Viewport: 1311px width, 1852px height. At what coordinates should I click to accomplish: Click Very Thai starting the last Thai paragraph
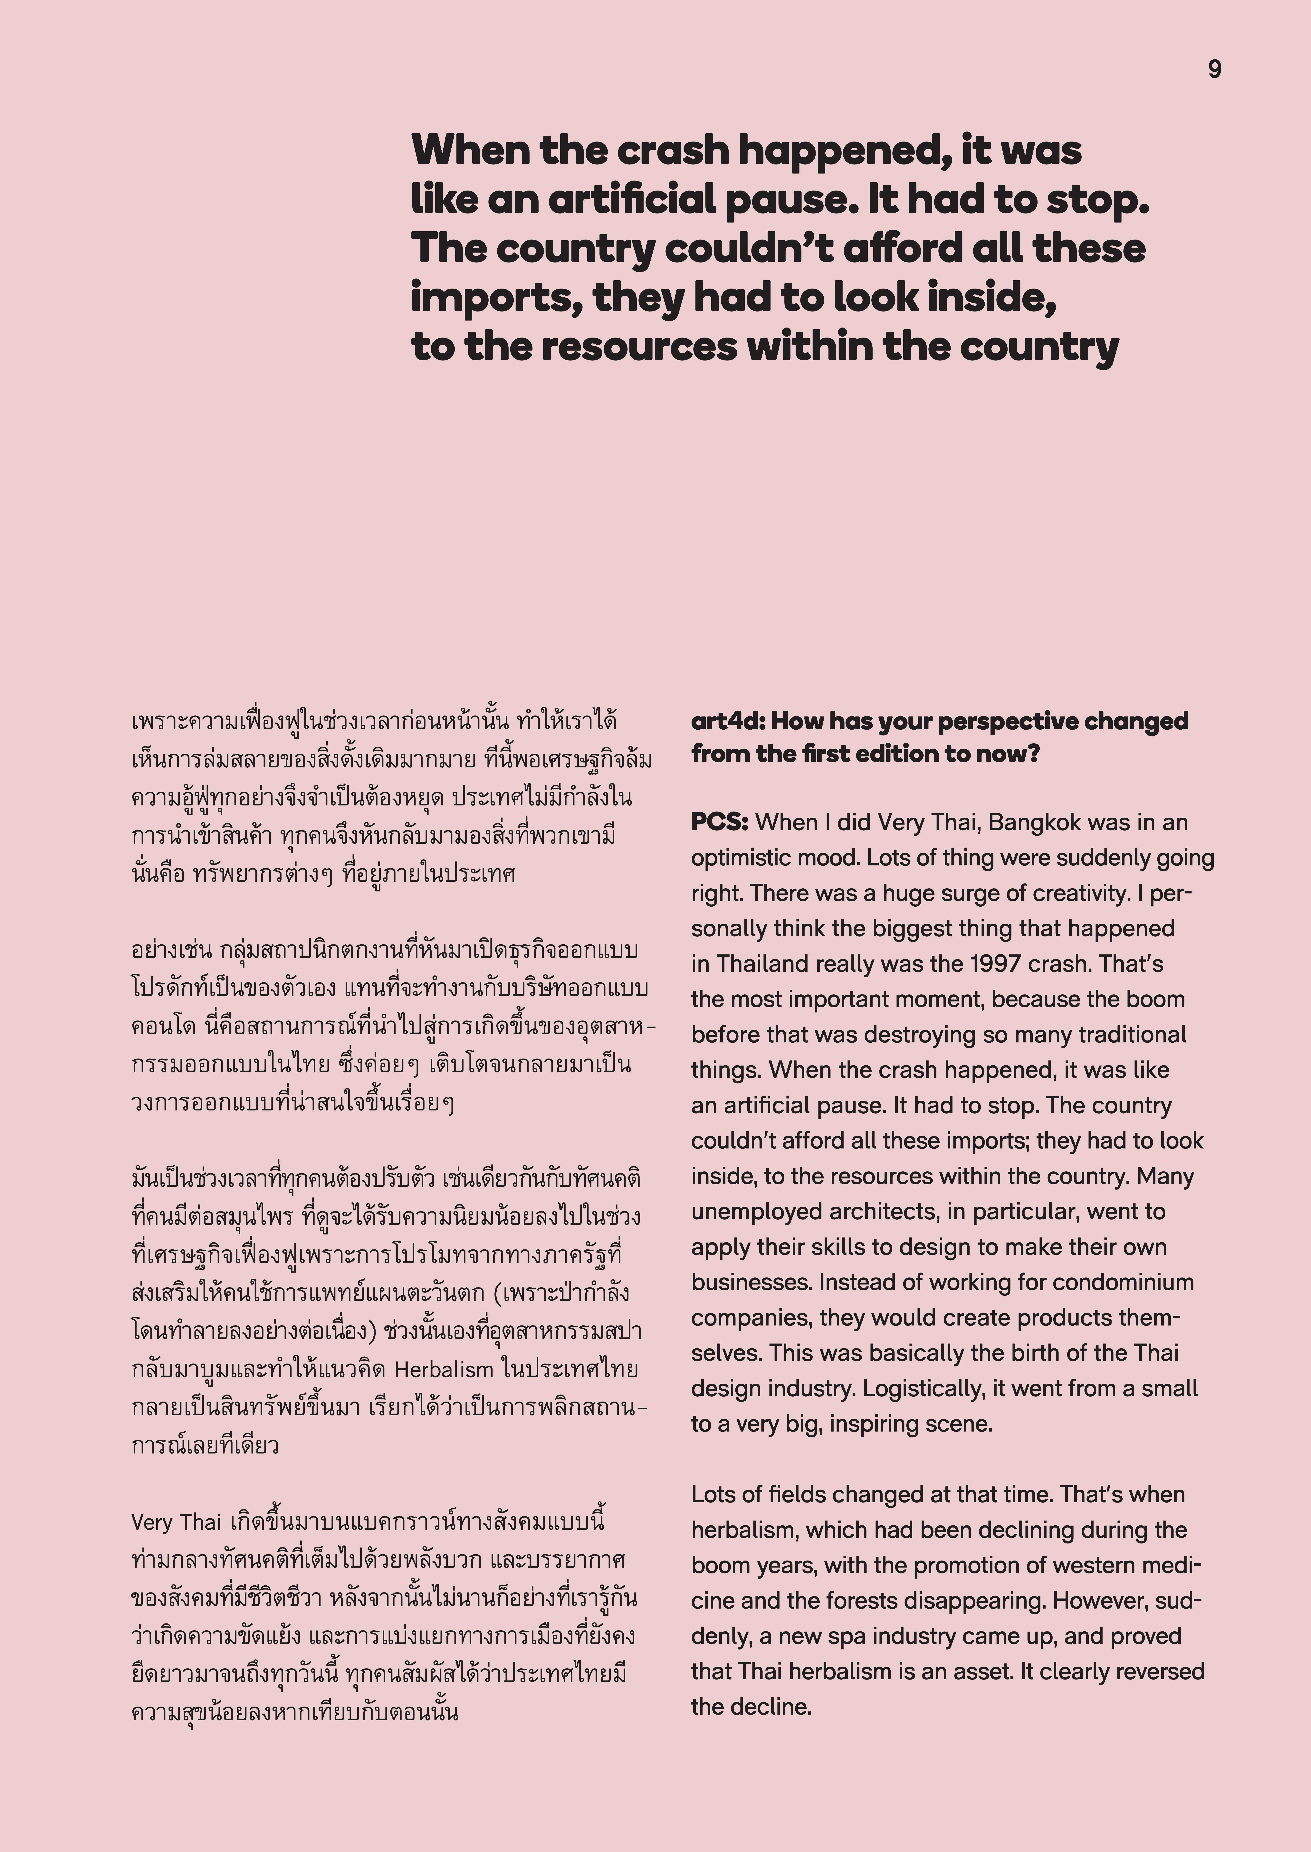176,1522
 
